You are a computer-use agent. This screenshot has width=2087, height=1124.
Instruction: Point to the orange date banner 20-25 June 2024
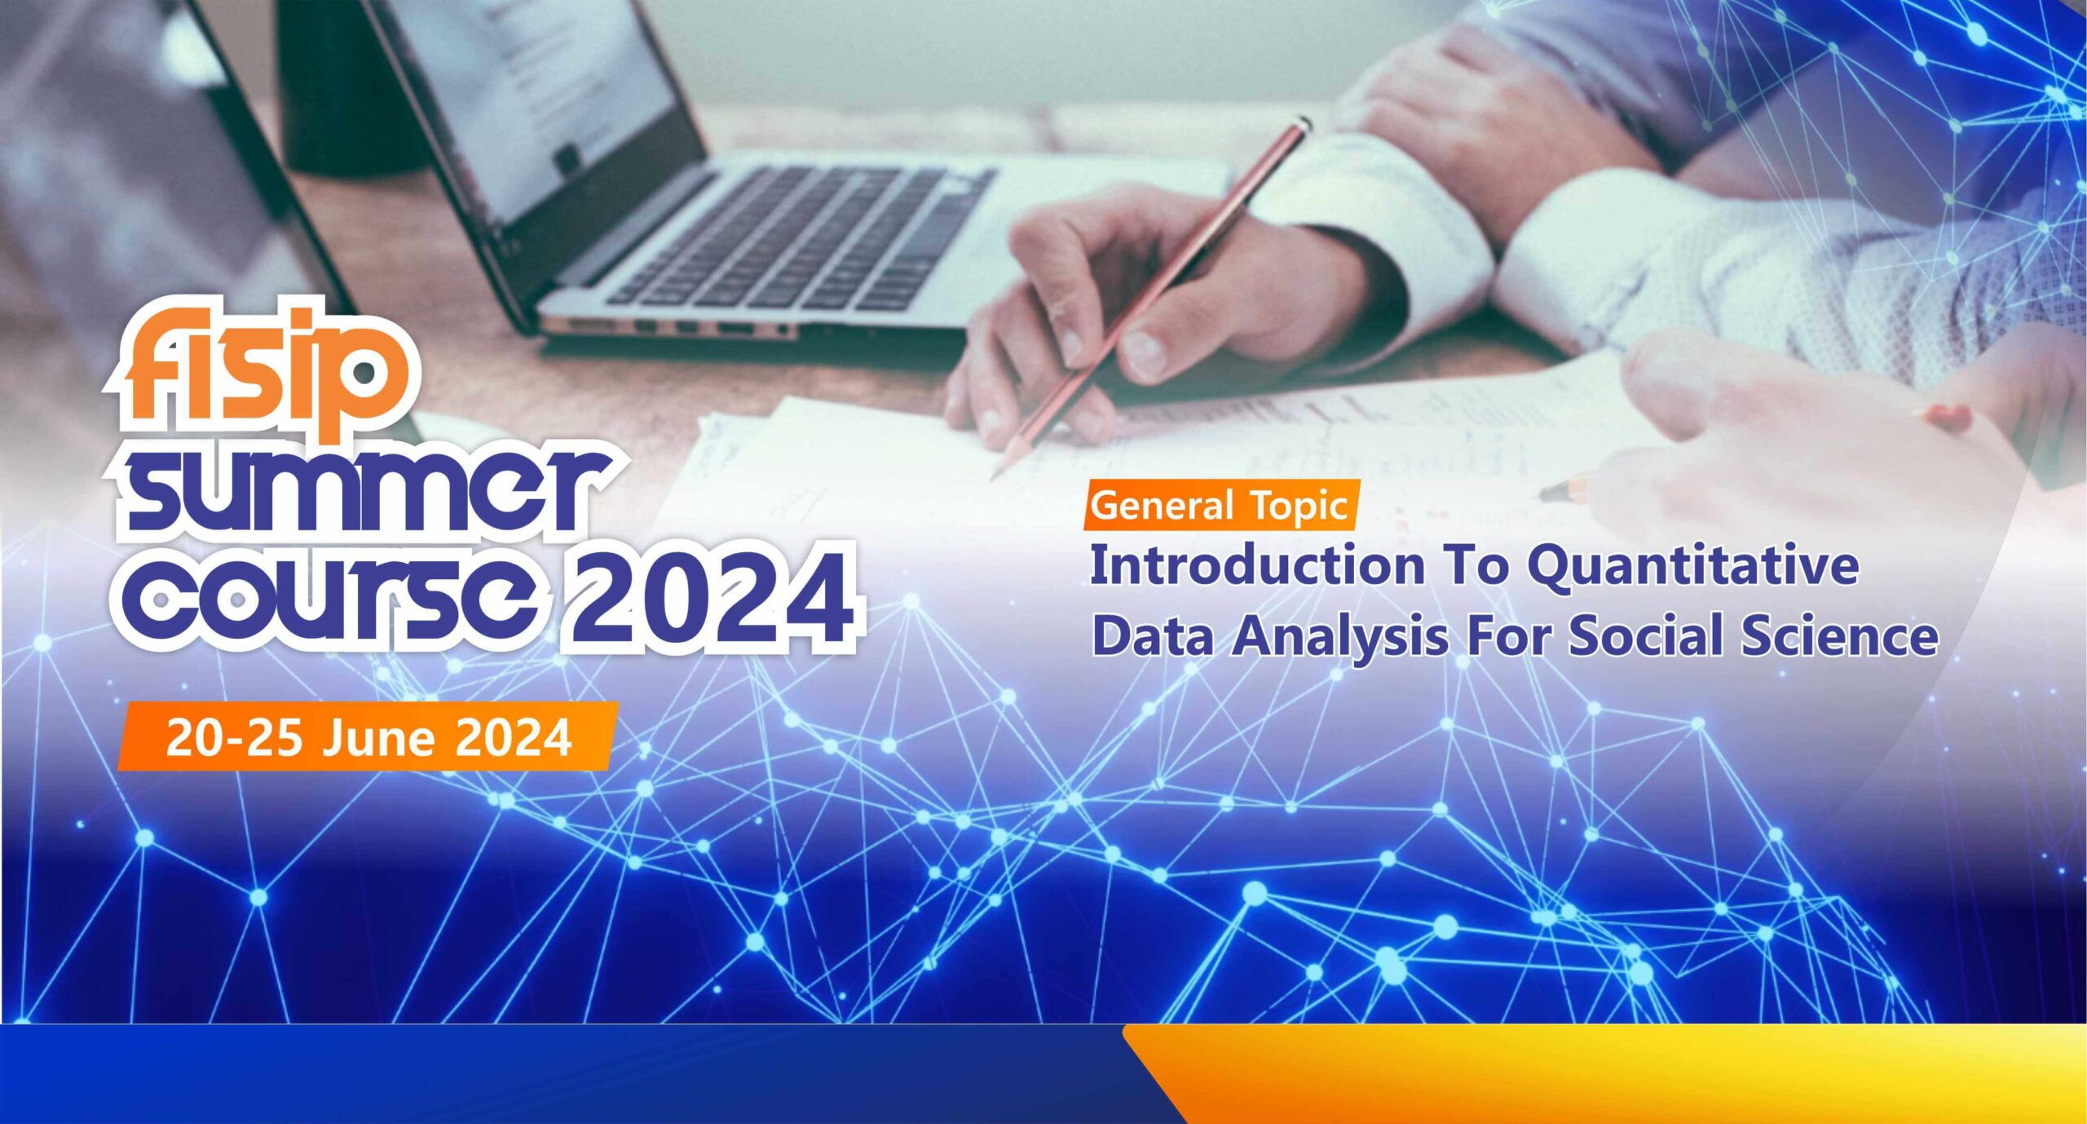(x=368, y=737)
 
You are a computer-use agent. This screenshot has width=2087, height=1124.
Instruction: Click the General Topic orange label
(x=1220, y=505)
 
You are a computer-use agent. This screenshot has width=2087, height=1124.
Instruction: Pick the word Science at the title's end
(x=1840, y=635)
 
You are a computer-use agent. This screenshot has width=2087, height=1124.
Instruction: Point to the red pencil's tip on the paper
(x=994, y=477)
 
